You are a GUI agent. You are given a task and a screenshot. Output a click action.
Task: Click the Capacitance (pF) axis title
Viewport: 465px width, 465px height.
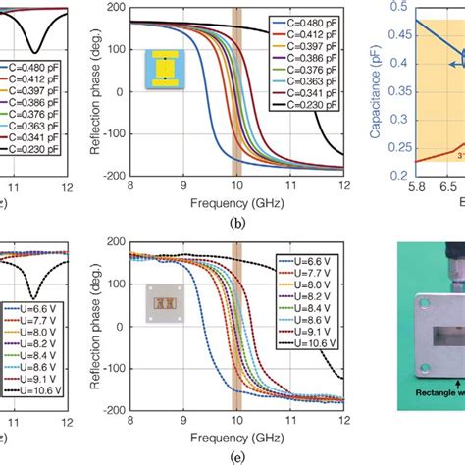point(378,88)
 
